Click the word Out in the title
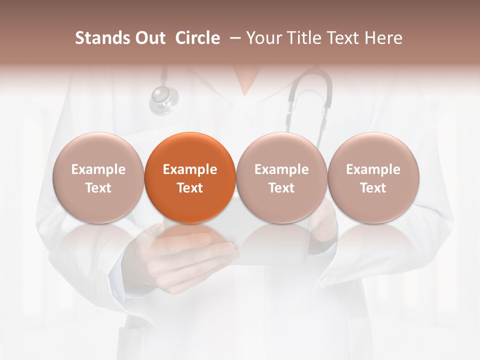coord(149,38)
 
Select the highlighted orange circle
coord(190,177)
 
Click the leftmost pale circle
coord(98,177)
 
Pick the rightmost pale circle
coord(373,177)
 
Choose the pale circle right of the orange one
coord(281,177)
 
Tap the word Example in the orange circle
coord(190,169)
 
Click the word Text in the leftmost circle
coord(98,188)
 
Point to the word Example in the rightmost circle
coord(373,169)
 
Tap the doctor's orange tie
coord(246,80)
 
